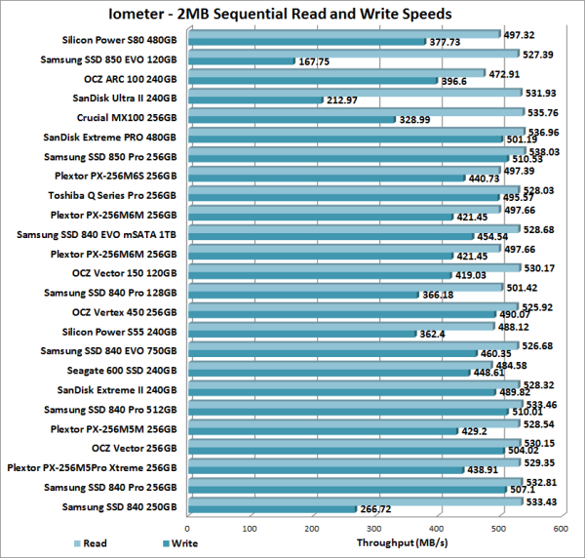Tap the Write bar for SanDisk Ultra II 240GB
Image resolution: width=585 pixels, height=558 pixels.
click(254, 100)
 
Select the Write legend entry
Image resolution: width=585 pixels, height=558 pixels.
click(178, 543)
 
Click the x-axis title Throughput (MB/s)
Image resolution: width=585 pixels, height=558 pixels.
click(396, 543)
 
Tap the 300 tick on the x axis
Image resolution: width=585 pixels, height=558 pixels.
click(374, 528)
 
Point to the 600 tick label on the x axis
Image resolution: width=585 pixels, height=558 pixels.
click(561, 528)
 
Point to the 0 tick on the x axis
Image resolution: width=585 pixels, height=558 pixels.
click(188, 528)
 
